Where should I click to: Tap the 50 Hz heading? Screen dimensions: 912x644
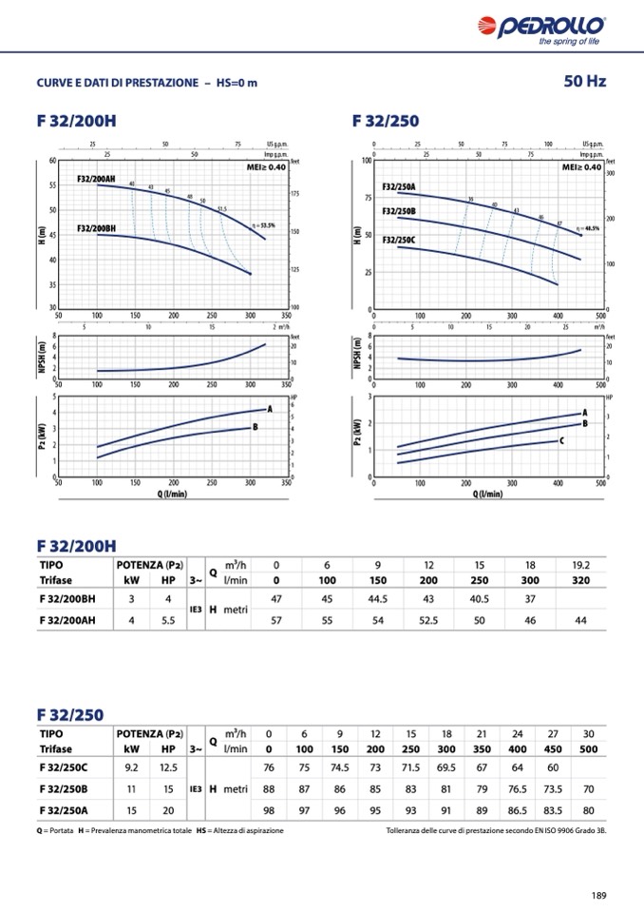pos(584,82)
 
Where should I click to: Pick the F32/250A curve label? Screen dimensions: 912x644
pos(399,187)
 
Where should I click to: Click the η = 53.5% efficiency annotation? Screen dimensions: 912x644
pos(263,225)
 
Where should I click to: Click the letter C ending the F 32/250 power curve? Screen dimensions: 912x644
pos(561,441)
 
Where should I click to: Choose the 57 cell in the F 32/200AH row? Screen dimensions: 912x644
pos(276,620)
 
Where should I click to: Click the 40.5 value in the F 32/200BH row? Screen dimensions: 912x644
pos(480,598)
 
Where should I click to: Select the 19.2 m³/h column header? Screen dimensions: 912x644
pos(581,565)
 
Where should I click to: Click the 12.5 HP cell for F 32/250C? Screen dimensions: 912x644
pos(168,767)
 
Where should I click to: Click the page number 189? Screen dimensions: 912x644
pos(597,894)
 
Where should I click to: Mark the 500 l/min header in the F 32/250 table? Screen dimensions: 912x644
pos(589,749)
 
